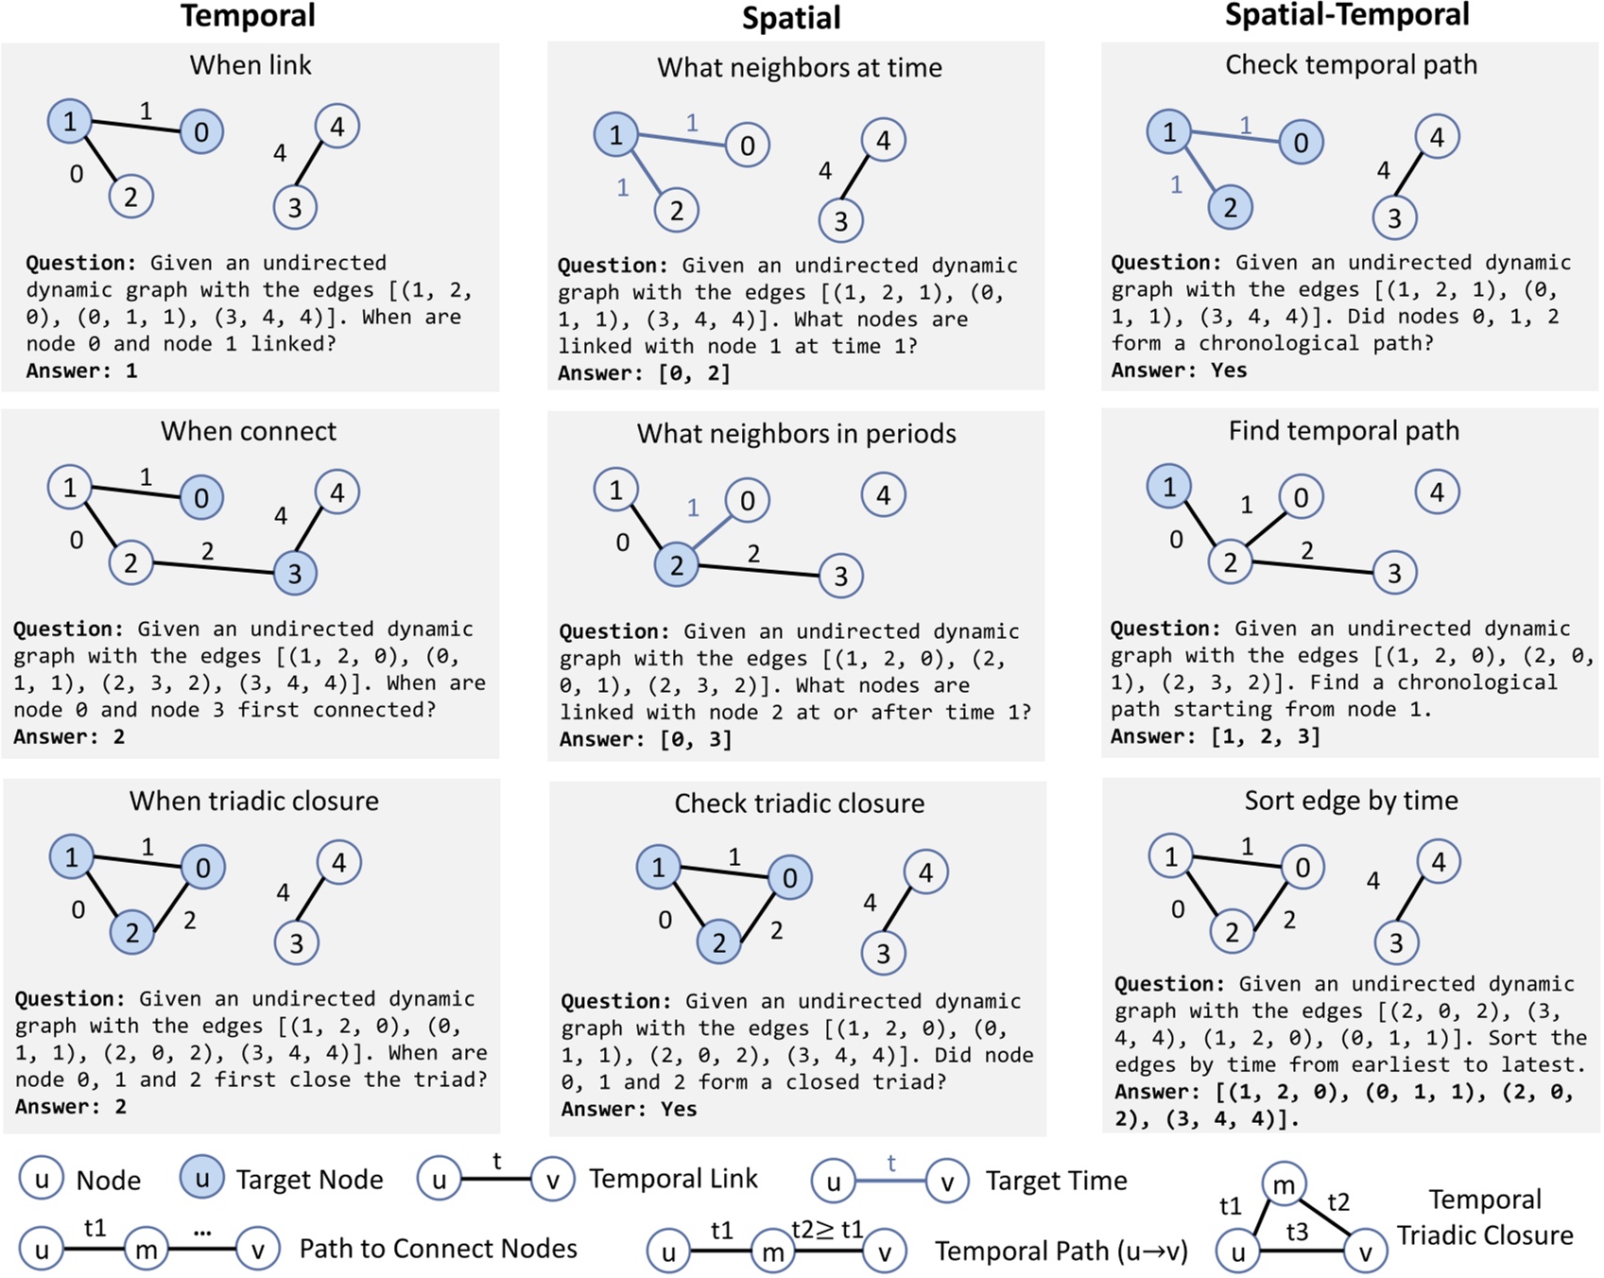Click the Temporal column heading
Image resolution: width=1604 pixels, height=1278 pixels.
click(249, 16)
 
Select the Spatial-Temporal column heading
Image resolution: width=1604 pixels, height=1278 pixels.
click(1347, 15)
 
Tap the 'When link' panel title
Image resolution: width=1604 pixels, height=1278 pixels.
click(250, 65)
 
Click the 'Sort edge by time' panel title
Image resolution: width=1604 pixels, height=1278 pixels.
click(1351, 801)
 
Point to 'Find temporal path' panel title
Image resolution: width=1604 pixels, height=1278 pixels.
click(1343, 431)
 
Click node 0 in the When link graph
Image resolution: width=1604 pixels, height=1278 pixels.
click(201, 131)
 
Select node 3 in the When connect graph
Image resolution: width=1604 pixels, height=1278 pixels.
click(295, 573)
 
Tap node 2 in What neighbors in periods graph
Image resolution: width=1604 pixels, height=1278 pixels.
click(677, 565)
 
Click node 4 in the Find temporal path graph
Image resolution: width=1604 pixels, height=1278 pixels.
click(1437, 492)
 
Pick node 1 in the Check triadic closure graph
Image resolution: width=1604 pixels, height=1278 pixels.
click(659, 867)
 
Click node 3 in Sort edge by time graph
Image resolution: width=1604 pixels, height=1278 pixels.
click(1396, 941)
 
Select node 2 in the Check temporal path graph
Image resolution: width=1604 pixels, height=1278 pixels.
click(1230, 208)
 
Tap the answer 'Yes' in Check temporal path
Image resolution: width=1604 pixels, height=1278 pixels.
click(1229, 371)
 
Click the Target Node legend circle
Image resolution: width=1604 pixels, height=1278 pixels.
click(201, 1178)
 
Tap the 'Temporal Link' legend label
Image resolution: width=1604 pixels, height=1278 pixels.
click(673, 1179)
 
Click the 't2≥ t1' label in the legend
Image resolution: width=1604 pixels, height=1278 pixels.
click(827, 1229)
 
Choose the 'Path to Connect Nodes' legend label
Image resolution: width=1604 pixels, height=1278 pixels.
click(438, 1249)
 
